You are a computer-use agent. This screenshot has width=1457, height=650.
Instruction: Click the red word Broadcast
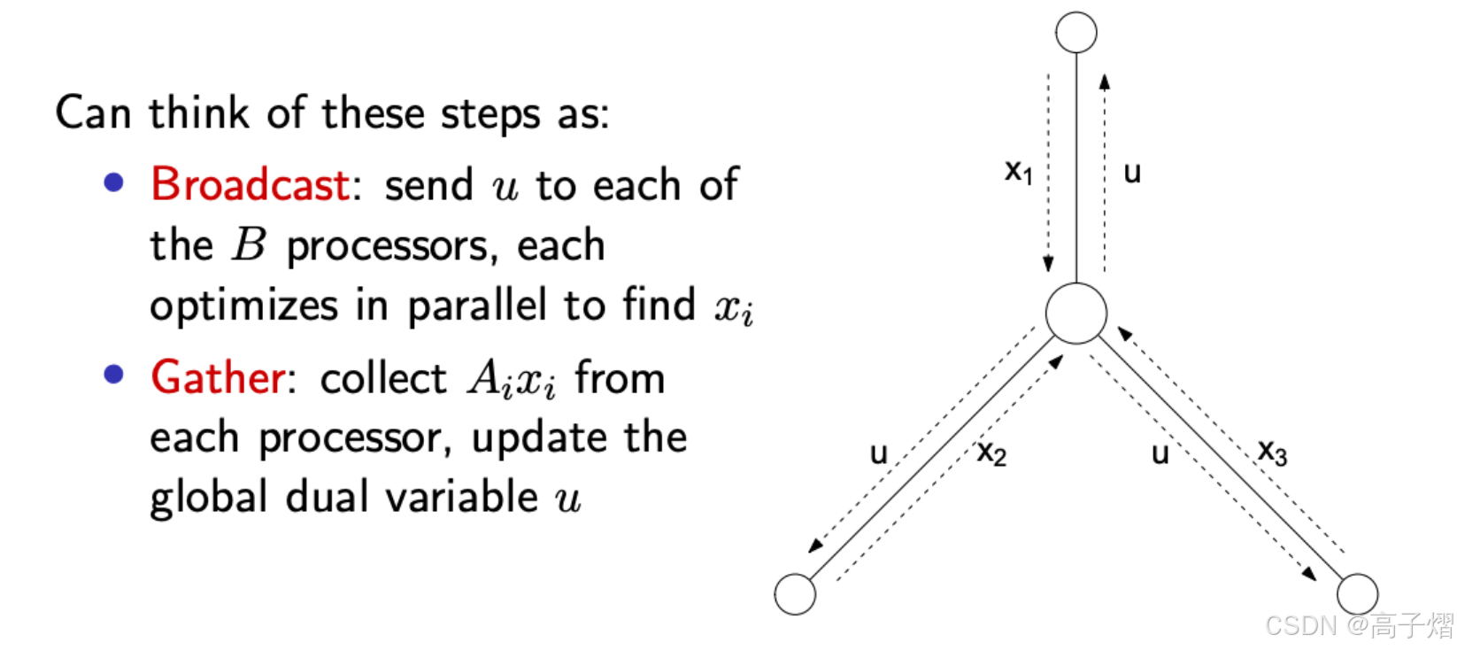click(x=251, y=185)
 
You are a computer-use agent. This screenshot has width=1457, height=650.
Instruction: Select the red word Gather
click(x=218, y=378)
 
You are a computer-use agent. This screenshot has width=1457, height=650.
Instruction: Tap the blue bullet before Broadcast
click(x=114, y=183)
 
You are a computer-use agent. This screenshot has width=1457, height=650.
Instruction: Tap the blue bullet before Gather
click(x=114, y=375)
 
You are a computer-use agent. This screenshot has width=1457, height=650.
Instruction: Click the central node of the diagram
click(x=1075, y=313)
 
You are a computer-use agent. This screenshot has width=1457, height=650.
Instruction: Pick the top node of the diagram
click(x=1076, y=34)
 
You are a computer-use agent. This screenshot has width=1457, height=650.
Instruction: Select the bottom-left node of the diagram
click(x=795, y=594)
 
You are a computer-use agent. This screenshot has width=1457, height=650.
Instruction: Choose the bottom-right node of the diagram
click(x=1357, y=593)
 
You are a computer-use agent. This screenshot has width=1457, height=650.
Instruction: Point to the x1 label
click(x=1019, y=172)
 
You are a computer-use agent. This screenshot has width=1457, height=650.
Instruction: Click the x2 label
click(x=992, y=453)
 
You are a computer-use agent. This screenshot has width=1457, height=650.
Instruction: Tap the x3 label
click(x=1273, y=453)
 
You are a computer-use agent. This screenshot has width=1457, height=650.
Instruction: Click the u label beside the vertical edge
click(x=1132, y=173)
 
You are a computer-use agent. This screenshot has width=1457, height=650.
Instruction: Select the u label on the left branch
click(x=878, y=454)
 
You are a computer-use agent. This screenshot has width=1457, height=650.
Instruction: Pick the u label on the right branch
click(x=1160, y=454)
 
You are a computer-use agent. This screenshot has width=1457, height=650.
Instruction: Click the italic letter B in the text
click(x=249, y=245)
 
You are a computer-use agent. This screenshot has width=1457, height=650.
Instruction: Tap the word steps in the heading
click(x=490, y=115)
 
